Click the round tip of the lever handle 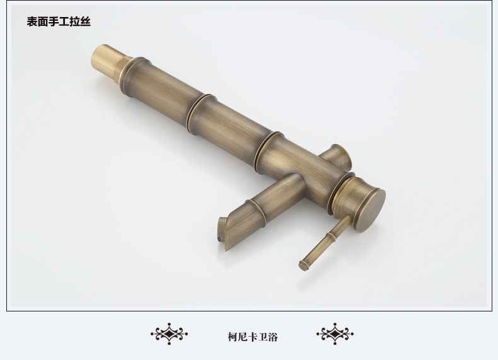click(x=303, y=265)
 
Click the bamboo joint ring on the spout click(x=257, y=210)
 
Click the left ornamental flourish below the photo click(x=170, y=334)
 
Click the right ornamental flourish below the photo click(x=335, y=334)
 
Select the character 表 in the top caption click(x=32, y=21)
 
